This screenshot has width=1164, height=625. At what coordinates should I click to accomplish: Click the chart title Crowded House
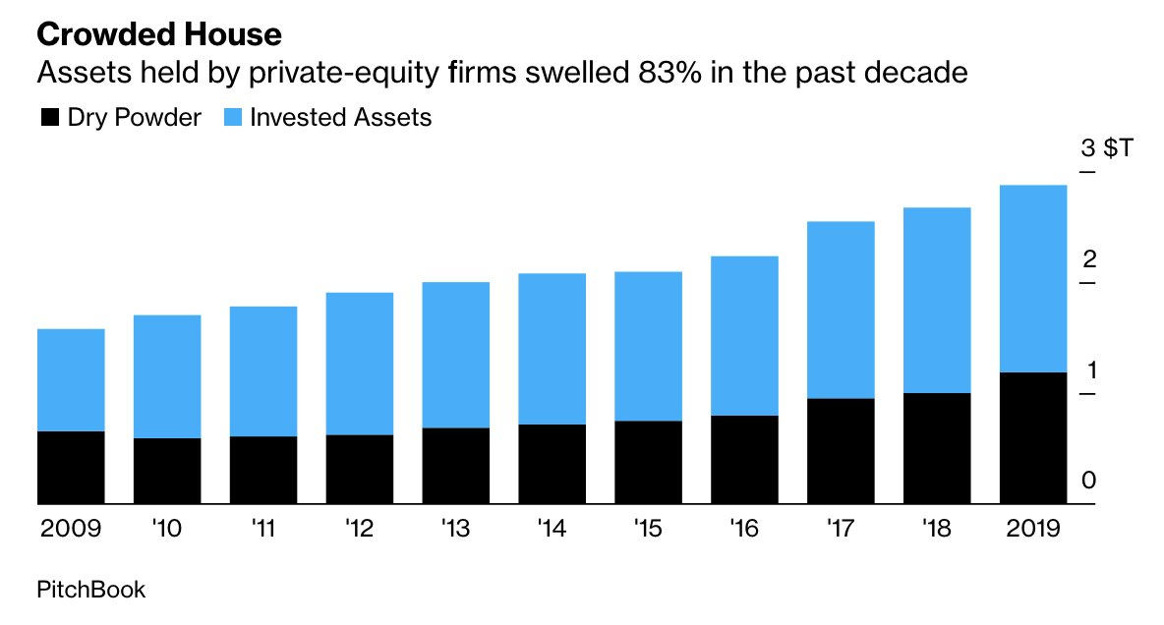159,35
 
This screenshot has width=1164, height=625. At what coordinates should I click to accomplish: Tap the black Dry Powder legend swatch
49,118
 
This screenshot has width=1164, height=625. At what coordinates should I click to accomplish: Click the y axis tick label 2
1088,260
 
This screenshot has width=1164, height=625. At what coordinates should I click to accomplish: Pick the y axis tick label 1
1088,370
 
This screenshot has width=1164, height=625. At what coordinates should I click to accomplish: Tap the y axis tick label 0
1088,481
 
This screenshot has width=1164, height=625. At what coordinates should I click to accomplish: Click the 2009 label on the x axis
71,529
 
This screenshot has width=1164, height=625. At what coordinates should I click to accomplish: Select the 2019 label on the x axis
1033,529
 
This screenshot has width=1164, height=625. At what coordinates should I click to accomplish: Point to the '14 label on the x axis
552,529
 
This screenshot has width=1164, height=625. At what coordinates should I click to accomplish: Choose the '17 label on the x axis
841,529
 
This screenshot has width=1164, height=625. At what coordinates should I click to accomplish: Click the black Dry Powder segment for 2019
1033,438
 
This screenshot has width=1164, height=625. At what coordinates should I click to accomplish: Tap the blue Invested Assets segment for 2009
71,380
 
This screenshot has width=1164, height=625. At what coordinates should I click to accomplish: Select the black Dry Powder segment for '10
167,472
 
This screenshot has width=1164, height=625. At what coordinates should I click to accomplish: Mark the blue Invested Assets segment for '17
841,310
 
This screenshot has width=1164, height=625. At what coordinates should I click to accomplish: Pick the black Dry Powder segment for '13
455,467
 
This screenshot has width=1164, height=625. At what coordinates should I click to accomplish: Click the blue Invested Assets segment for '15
648,346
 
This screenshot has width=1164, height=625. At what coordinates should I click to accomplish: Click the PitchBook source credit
90,590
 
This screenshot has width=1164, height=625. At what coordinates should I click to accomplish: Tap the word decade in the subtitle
913,73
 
